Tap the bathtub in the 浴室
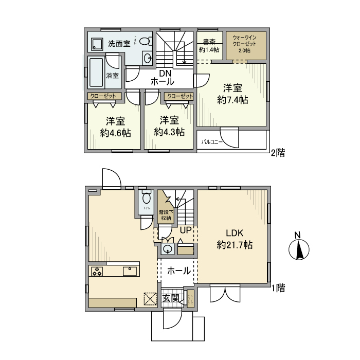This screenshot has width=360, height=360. tap(96, 74)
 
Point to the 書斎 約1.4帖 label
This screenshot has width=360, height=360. tap(209, 46)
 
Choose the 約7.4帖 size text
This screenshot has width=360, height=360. tap(232, 100)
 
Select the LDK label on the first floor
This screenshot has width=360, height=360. tap(234, 232)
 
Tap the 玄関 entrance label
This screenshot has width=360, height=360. tap(171, 298)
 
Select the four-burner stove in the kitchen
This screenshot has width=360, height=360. tap(98, 272)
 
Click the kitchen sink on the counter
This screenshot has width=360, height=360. tap(129, 272)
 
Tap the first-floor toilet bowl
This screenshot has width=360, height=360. tap(147, 198)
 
